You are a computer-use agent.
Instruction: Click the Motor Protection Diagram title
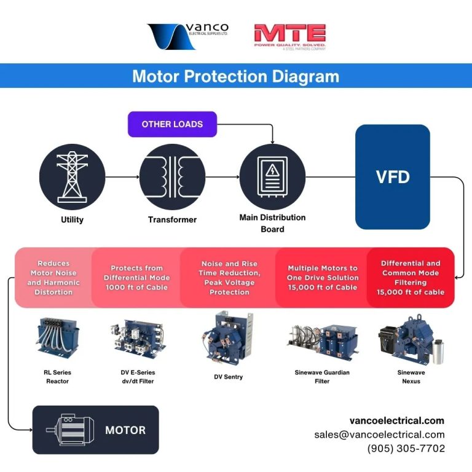[x=235, y=76]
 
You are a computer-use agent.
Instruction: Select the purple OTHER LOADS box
[x=172, y=124]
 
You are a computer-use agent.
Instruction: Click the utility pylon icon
[x=72, y=177]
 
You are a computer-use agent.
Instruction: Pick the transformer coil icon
[x=172, y=177]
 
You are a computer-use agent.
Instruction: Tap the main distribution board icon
[x=272, y=177]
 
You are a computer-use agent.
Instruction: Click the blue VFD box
[x=393, y=177]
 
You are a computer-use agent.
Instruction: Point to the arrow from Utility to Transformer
[x=122, y=177]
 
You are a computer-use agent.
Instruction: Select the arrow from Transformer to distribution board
[x=222, y=177]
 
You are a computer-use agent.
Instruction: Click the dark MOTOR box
[x=95, y=430]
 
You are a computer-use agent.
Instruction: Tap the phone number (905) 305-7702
[x=406, y=449]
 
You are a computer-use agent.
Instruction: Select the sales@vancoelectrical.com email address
[x=379, y=435]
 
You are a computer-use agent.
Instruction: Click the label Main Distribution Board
[x=272, y=223]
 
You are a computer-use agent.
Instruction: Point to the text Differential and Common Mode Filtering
[x=411, y=278]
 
